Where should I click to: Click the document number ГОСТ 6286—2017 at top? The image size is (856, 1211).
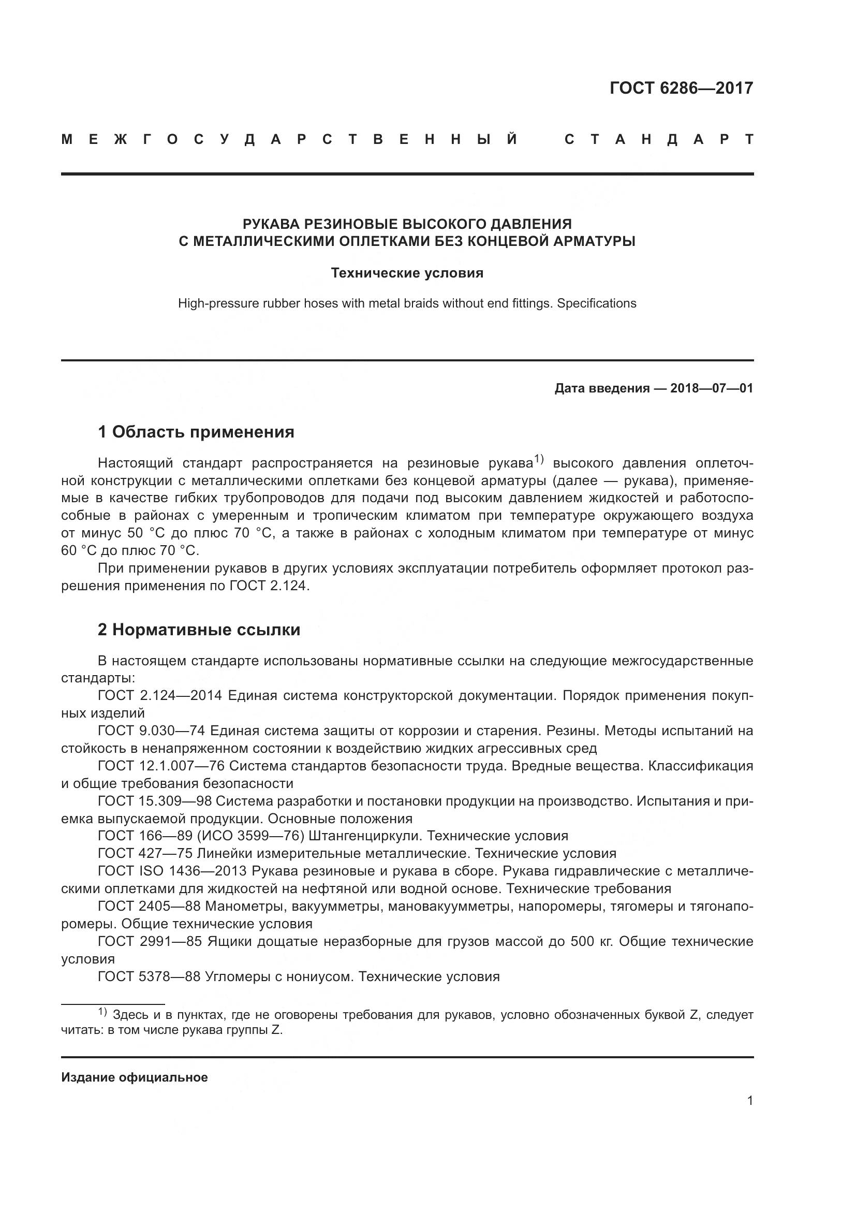click(681, 88)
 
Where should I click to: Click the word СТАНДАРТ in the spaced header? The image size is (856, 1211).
click(659, 140)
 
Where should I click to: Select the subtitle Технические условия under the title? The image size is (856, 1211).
click(407, 273)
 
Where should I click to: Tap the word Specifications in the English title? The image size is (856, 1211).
click(597, 304)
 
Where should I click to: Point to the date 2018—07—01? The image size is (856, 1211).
click(712, 389)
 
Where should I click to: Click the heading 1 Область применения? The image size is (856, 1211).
click(196, 432)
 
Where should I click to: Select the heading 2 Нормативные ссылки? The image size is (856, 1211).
click(199, 630)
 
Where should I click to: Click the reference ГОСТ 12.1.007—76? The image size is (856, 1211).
click(161, 766)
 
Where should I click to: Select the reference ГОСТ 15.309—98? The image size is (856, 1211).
click(154, 801)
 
